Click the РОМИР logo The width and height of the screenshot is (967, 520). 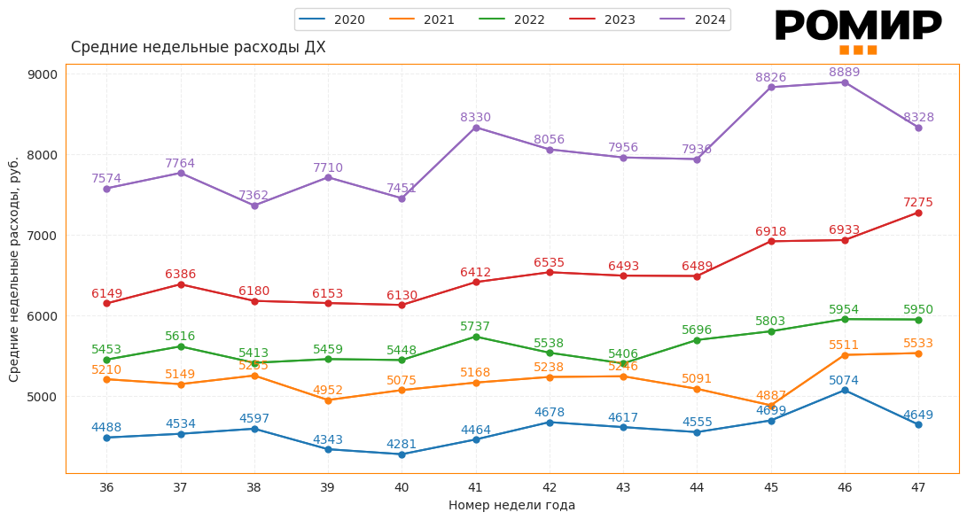857,30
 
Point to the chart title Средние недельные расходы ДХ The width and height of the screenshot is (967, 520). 198,48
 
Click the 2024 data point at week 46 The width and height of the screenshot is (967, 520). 845,82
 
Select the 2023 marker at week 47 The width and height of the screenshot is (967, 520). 918,213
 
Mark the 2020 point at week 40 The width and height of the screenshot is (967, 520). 402,454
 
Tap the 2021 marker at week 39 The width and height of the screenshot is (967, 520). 328,400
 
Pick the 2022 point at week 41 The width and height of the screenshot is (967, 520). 476,337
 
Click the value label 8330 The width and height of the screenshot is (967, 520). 475,118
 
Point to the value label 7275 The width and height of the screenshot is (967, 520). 918,203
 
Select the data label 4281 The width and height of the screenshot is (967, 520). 402,445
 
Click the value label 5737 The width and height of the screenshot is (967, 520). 475,327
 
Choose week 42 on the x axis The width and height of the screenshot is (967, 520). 550,487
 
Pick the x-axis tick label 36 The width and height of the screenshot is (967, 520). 106,487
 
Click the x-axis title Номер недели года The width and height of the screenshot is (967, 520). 511,506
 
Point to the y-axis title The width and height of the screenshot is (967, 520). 14,269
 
